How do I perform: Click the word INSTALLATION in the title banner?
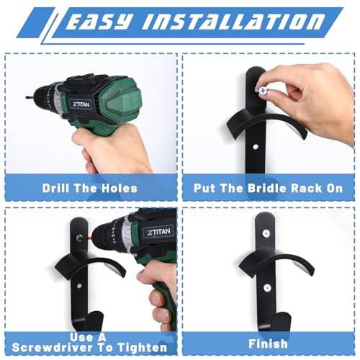point(233,22)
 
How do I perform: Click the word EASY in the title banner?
point(99,22)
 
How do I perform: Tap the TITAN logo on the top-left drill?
point(81,104)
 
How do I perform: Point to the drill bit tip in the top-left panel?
point(26,97)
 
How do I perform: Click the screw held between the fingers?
point(261,91)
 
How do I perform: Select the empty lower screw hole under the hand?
point(256,146)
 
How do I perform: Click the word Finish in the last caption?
point(268,343)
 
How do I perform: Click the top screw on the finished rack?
point(266,233)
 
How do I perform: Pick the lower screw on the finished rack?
point(267,287)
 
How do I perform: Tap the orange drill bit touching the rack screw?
point(89,238)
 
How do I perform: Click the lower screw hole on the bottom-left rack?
point(79,286)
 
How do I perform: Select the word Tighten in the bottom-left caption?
point(143,347)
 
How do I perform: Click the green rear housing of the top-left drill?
point(120,99)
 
